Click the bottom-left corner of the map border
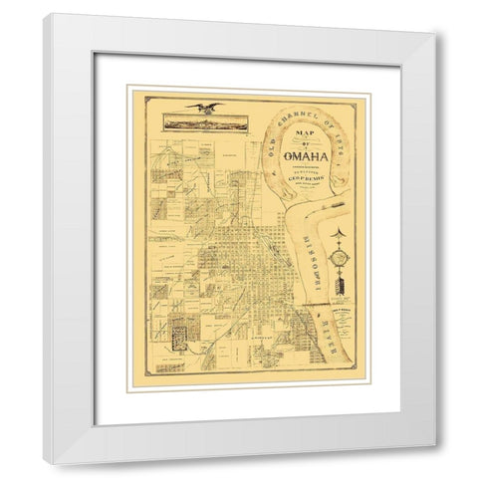point(148,376)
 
